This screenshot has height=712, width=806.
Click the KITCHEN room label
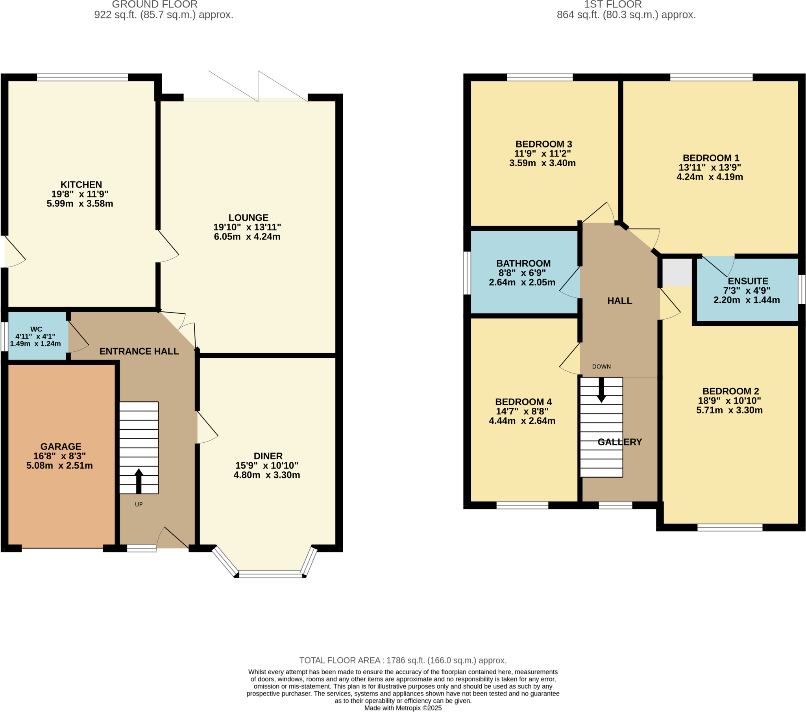tap(81, 184)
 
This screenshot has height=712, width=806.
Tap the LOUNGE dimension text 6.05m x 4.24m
tap(247, 237)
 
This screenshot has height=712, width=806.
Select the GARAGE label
tap(61, 447)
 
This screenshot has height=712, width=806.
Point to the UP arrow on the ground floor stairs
tap(139, 481)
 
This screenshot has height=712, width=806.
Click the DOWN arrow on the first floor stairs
tap(601, 390)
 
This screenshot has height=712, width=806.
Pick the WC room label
tap(36, 329)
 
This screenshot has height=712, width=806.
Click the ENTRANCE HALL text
tap(139, 351)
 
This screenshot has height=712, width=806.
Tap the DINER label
tap(268, 456)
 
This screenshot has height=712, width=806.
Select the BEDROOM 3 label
tap(543, 144)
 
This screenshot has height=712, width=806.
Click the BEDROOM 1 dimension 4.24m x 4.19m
tap(710, 177)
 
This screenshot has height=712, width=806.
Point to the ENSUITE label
tap(748, 281)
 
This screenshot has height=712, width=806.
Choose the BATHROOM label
tap(523, 263)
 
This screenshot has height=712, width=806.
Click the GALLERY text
tap(619, 442)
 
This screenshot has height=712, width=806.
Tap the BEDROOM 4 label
tap(523, 402)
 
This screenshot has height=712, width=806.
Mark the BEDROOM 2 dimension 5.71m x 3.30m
tap(729, 410)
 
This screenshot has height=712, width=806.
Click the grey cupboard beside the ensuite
tap(677, 272)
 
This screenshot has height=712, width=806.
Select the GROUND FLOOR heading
tap(155, 5)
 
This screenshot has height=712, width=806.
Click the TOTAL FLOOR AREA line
tap(403, 660)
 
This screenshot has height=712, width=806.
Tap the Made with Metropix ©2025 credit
tap(403, 708)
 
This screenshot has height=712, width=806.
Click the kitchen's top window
tap(82, 77)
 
